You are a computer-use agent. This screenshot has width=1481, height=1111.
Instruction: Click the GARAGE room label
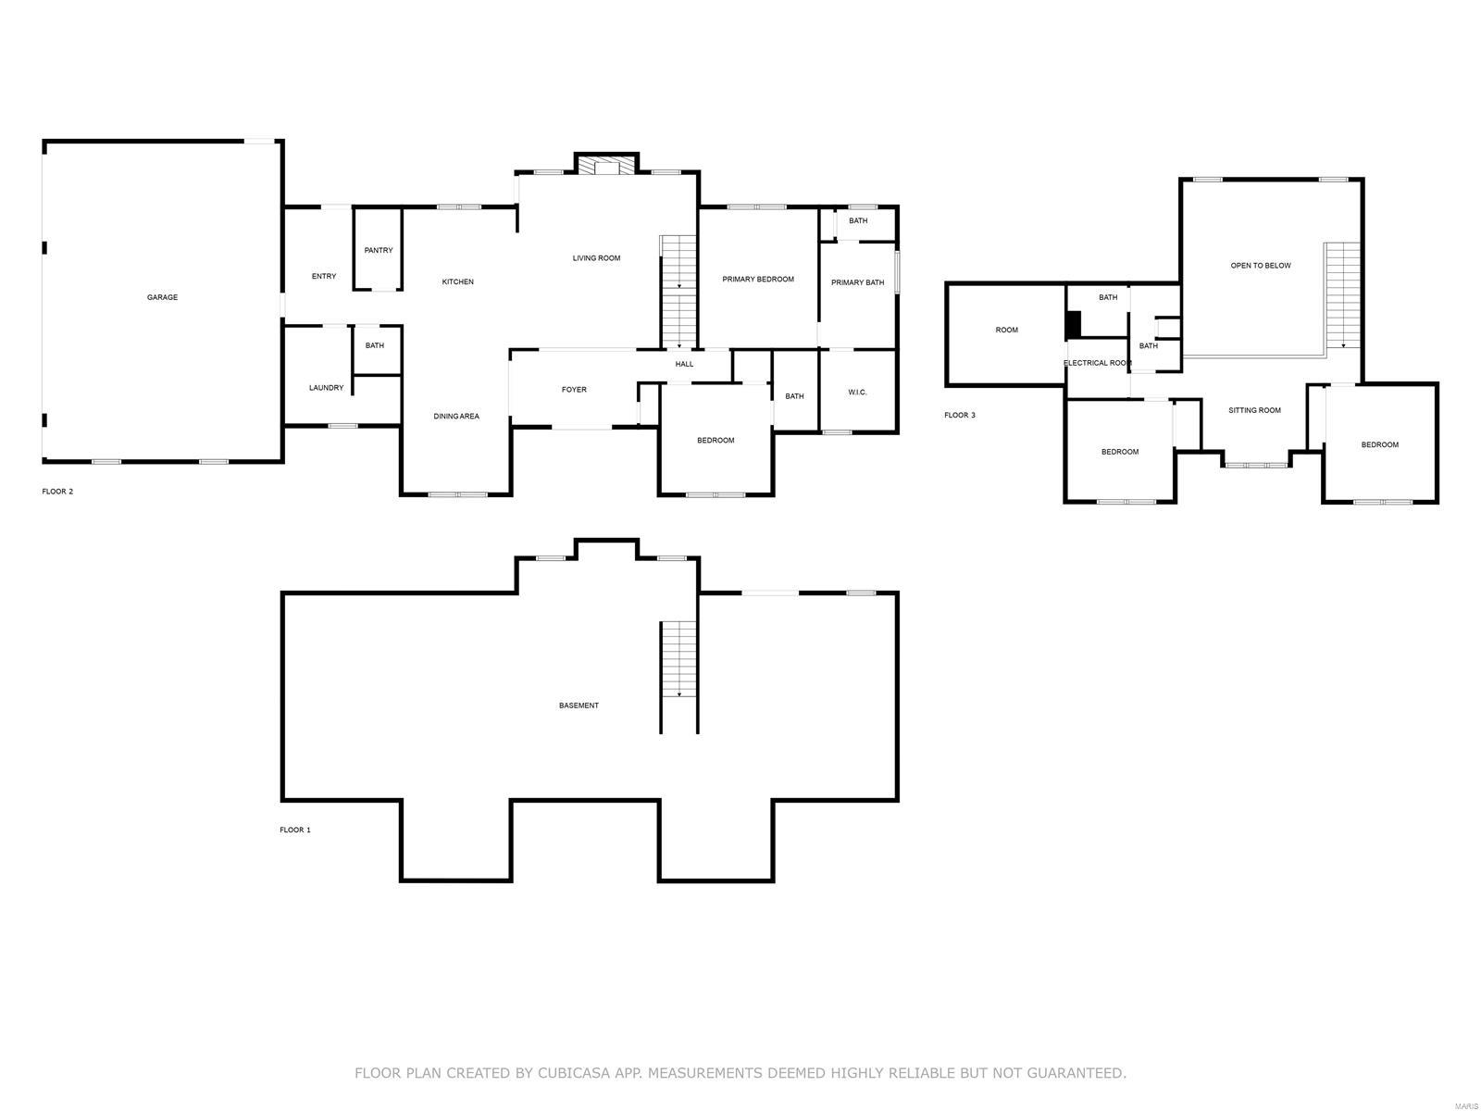tap(162, 297)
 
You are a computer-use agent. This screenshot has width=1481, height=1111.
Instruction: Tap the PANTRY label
tap(379, 250)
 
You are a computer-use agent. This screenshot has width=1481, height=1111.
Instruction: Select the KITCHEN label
tap(457, 281)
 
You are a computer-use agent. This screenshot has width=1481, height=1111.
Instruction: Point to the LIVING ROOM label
tap(596, 258)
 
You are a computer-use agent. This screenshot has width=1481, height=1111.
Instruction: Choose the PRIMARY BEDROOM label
tap(758, 279)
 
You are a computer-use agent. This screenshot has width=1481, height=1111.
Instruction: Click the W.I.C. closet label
tap(857, 393)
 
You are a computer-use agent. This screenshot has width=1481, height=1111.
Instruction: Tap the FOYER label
tap(574, 390)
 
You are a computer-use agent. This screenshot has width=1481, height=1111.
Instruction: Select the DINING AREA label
tap(456, 417)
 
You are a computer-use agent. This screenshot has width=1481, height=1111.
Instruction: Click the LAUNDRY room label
tap(326, 388)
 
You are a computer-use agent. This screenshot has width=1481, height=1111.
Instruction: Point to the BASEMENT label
tap(579, 705)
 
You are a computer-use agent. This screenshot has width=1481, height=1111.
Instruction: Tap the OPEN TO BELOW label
tap(1261, 266)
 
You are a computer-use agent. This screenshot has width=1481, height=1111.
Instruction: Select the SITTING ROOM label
tap(1254, 410)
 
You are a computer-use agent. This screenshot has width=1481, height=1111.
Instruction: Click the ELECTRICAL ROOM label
tap(1097, 363)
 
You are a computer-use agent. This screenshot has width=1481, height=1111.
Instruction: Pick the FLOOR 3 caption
tap(959, 415)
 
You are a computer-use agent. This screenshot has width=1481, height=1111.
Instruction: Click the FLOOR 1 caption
tap(295, 830)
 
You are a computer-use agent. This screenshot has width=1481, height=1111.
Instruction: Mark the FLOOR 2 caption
tap(57, 492)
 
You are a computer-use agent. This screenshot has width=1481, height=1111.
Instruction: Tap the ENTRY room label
tap(324, 276)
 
